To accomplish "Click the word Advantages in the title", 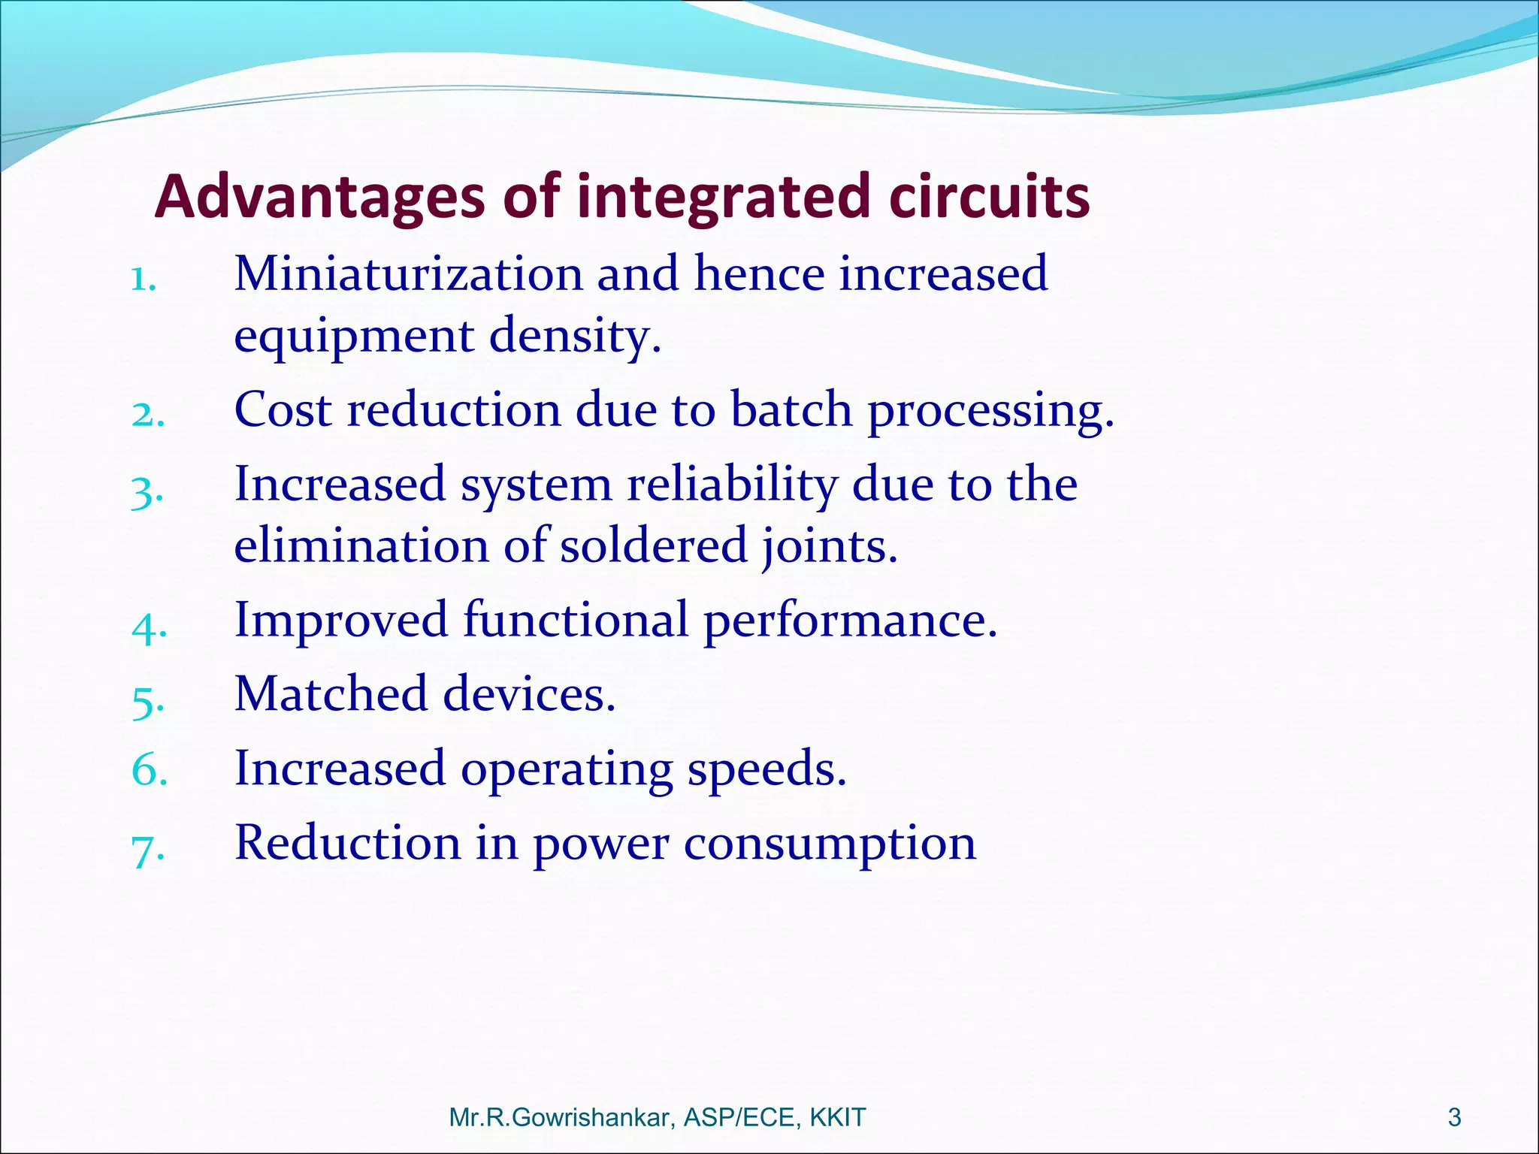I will point(319,197).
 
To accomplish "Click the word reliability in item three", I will point(732,484).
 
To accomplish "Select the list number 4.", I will point(147,626).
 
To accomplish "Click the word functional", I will point(576,620).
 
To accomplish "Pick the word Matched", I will point(331,693).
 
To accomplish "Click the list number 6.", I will point(147,771).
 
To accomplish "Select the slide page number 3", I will point(1454,1118).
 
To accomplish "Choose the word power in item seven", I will point(600,844).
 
